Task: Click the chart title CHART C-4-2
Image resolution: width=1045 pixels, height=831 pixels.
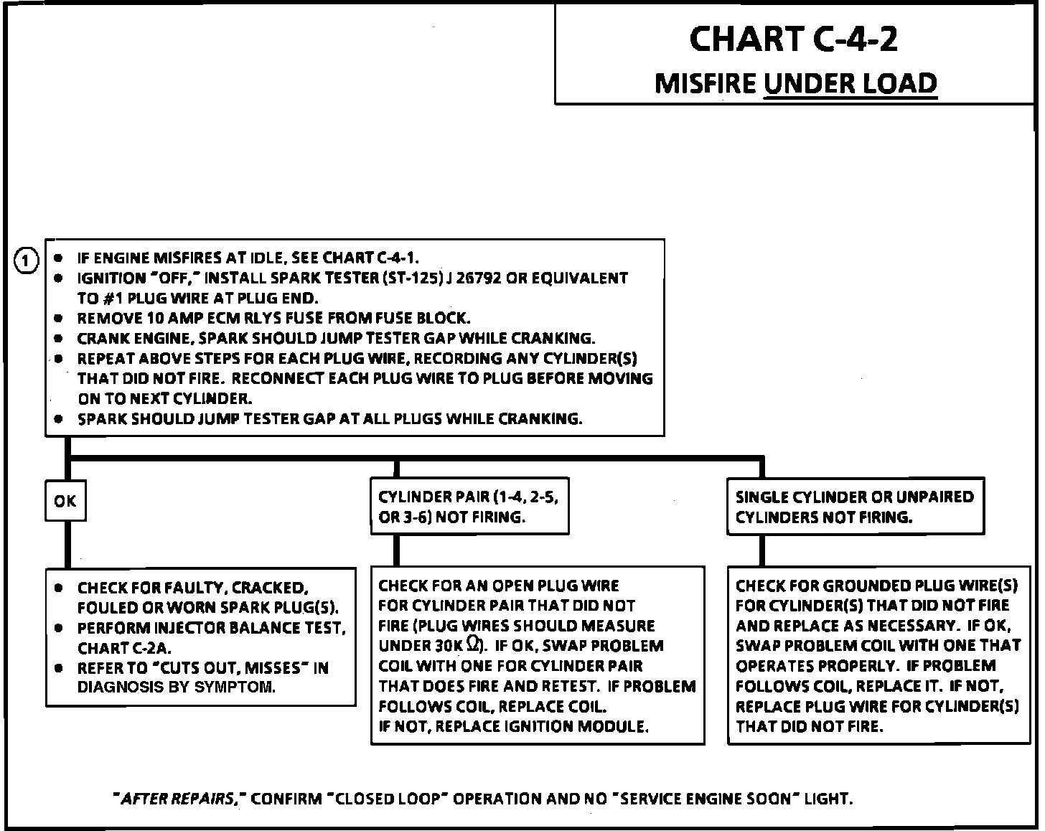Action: pyautogui.click(x=793, y=39)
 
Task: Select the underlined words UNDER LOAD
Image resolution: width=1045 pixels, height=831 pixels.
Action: pyautogui.click(x=850, y=83)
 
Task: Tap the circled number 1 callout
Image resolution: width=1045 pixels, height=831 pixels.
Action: pyautogui.click(x=26, y=260)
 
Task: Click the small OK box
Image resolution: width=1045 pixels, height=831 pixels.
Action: pyautogui.click(x=65, y=500)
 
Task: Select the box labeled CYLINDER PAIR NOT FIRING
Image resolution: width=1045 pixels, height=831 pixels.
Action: pyautogui.click(x=469, y=507)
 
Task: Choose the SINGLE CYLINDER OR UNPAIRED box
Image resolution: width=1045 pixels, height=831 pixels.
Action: pyautogui.click(x=855, y=507)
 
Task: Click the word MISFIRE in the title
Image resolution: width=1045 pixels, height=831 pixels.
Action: pyautogui.click(x=706, y=83)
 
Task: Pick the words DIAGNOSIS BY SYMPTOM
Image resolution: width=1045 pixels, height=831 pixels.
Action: pyautogui.click(x=176, y=687)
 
